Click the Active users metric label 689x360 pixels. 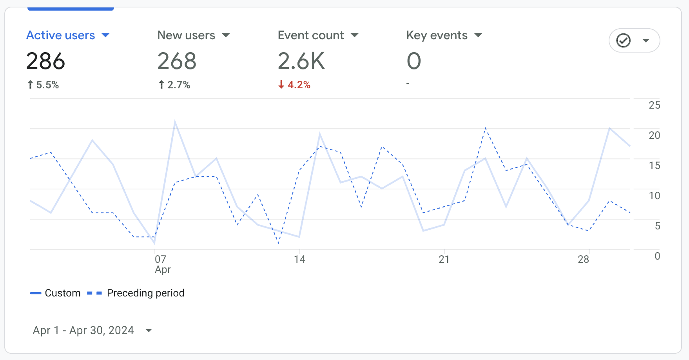(x=61, y=35)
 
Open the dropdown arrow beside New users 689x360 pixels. (x=226, y=35)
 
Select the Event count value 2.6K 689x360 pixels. (x=301, y=61)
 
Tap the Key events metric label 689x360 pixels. (x=437, y=35)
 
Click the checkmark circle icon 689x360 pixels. (x=623, y=40)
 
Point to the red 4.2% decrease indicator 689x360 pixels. (x=294, y=85)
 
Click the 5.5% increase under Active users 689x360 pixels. (x=43, y=85)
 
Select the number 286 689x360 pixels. (x=45, y=61)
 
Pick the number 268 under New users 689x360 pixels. (x=177, y=61)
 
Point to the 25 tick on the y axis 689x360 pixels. (x=654, y=105)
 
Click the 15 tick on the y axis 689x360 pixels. (x=654, y=165)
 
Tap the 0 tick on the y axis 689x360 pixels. (x=657, y=256)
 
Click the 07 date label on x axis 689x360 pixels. (x=160, y=259)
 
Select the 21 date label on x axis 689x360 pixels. (x=444, y=259)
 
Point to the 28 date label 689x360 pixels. (x=583, y=259)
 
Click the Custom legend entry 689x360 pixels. (x=62, y=293)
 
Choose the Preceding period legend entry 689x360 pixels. (x=145, y=293)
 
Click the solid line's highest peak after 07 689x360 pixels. (x=175, y=122)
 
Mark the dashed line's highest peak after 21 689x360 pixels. (x=486, y=128)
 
